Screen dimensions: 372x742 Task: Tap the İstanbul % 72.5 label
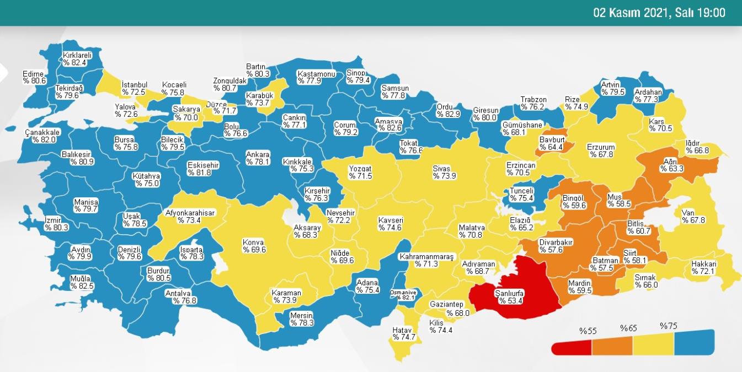tap(134, 88)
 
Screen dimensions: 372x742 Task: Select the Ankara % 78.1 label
tap(257, 158)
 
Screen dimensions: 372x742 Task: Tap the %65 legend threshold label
tap(628, 328)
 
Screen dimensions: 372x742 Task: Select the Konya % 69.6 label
tap(254, 246)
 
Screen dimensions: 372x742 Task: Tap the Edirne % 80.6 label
tap(34, 77)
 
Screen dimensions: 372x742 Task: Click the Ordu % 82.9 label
tap(447, 110)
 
